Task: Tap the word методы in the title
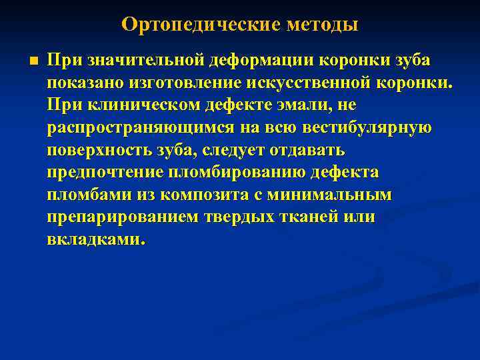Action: pos(322,25)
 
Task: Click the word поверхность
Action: pos(97,151)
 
